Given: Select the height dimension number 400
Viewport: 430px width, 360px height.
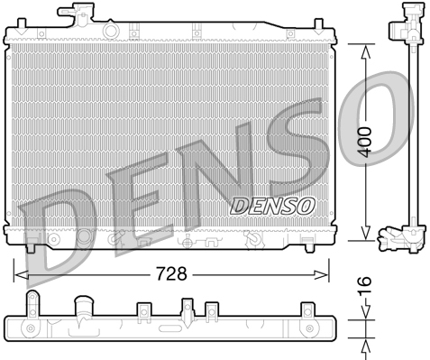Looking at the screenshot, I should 363,142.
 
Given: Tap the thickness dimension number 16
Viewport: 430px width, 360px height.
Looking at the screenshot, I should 363,286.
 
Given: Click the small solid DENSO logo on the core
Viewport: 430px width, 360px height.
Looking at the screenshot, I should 273,205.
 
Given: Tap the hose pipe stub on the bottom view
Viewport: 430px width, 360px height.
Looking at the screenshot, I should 84,305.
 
